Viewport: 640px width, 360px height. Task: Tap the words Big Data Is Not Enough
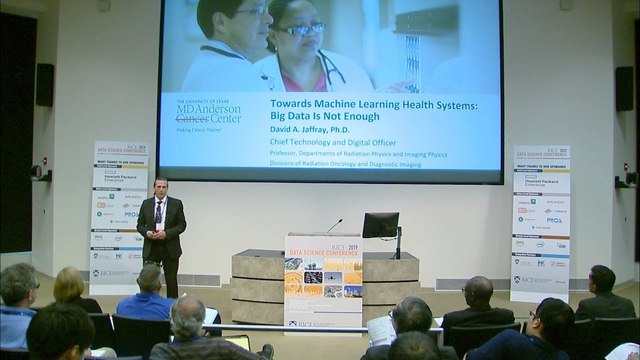324,116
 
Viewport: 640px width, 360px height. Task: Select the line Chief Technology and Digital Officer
332,143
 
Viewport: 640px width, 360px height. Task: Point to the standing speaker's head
160,187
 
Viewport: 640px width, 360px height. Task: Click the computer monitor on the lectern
380,225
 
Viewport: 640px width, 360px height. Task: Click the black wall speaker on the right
624,88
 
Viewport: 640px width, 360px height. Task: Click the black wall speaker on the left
44,84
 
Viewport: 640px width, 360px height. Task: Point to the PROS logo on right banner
554,220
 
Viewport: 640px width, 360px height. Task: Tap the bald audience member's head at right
478,290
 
